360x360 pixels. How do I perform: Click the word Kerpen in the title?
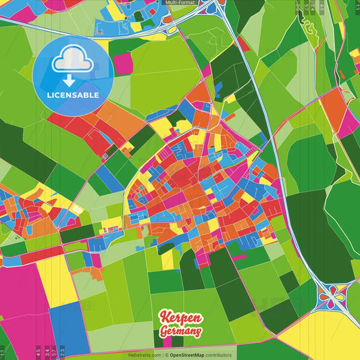click(180, 317)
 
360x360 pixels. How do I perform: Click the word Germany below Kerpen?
click(180, 331)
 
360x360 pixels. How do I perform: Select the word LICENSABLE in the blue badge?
click(72, 95)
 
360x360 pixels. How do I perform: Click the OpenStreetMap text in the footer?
click(191, 355)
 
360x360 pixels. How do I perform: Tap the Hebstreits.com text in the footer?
click(145, 355)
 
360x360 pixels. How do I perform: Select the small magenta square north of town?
click(123, 63)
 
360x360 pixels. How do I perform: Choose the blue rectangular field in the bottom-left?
click(70, 328)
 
